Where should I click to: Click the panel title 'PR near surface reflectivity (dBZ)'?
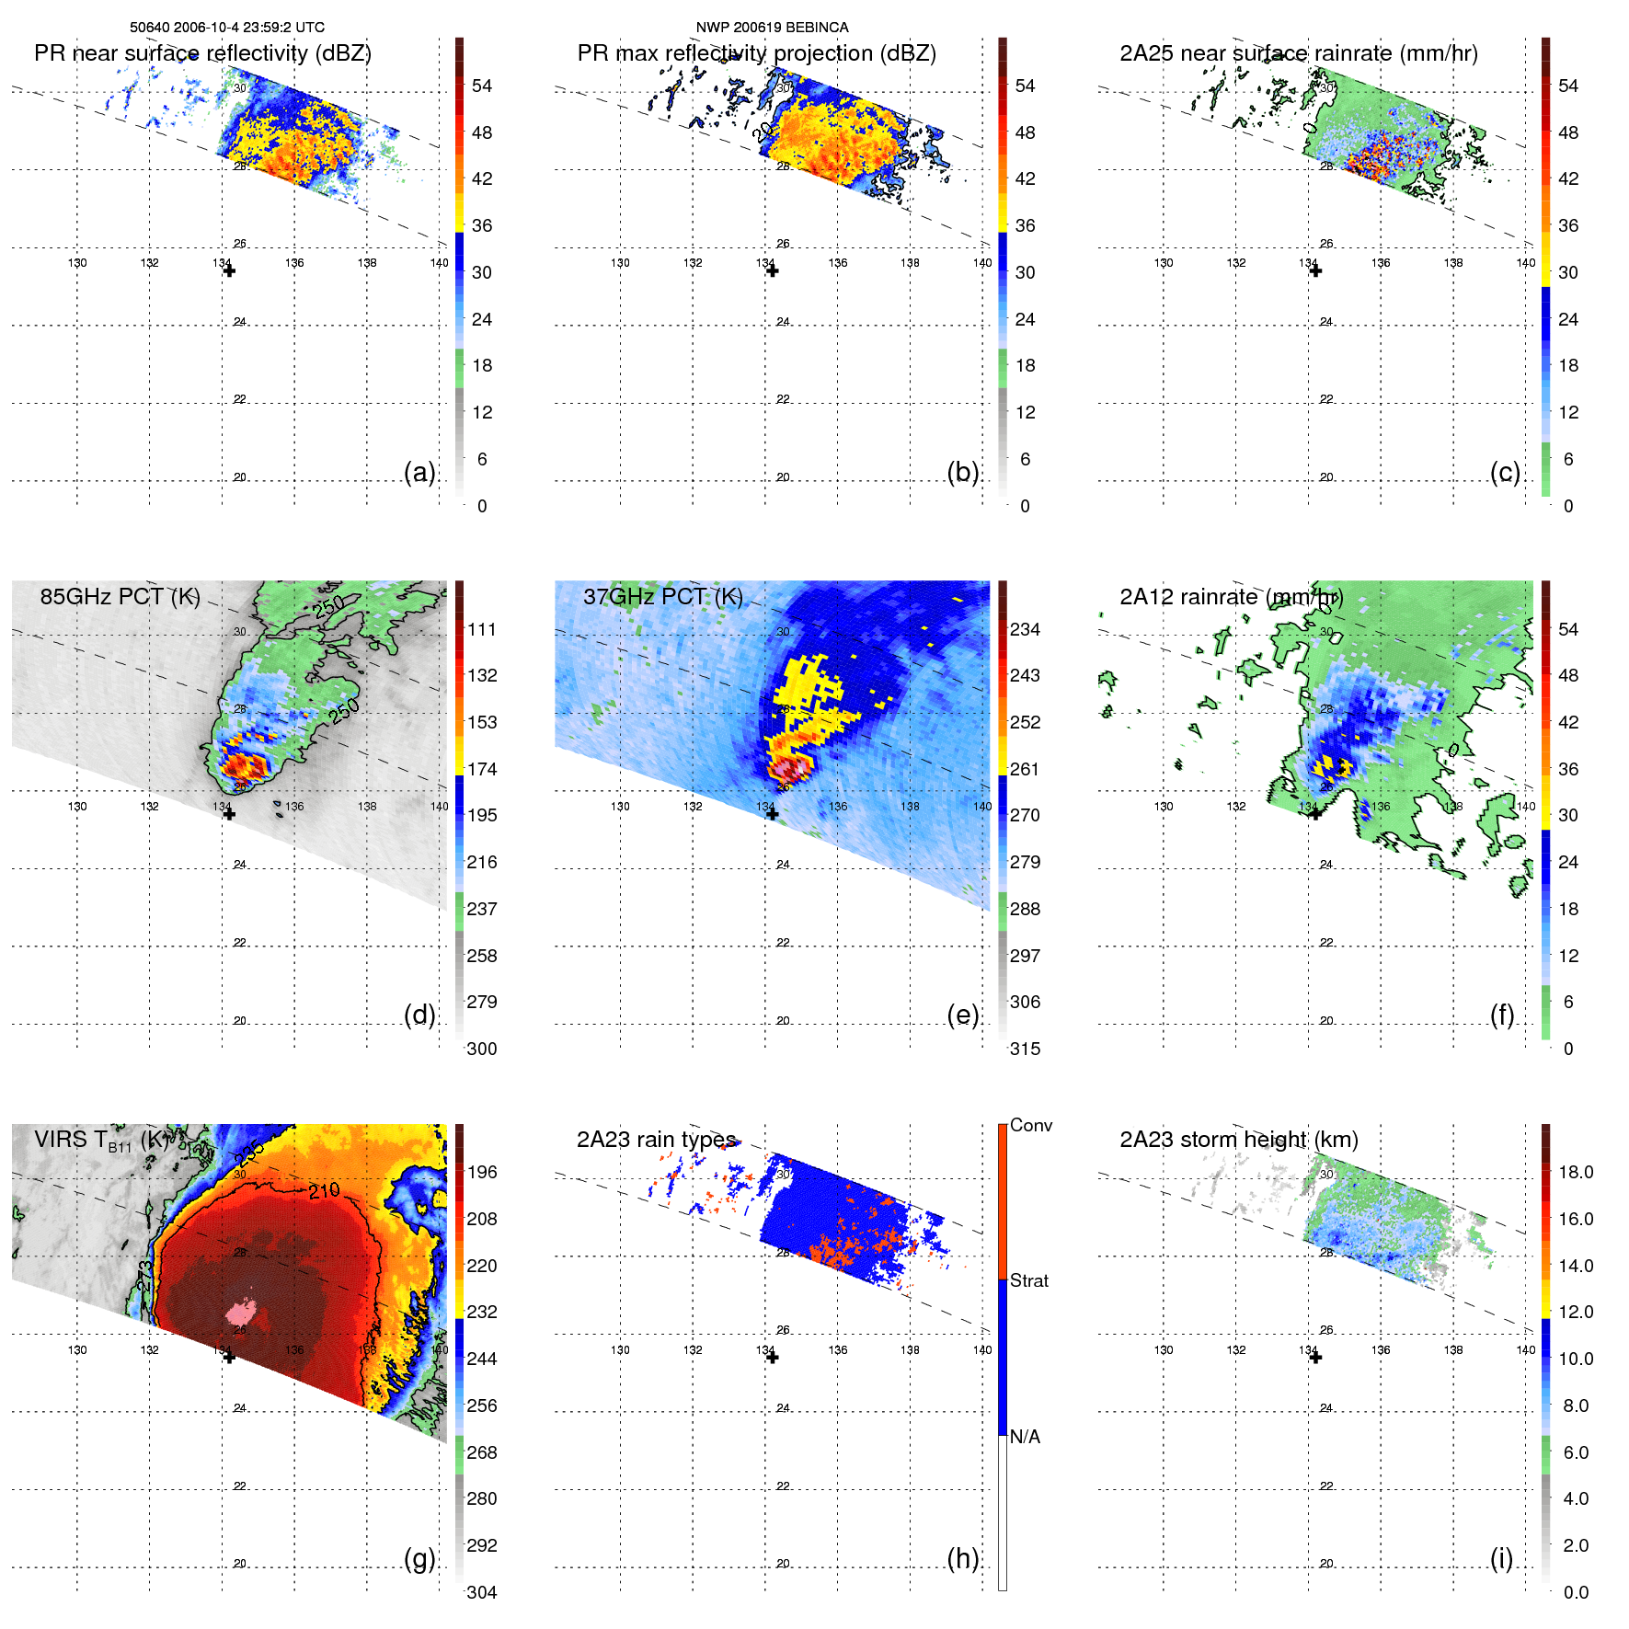coord(202,53)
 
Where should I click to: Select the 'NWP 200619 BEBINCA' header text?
coord(772,28)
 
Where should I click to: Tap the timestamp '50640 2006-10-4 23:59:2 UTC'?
coord(227,28)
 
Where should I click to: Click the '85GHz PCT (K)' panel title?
coord(120,597)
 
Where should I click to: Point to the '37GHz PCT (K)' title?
coord(662,597)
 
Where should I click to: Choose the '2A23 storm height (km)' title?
coord(1239,1140)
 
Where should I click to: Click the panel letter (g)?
coord(419,1558)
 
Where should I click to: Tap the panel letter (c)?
coord(1505,472)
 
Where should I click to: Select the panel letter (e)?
coord(962,1015)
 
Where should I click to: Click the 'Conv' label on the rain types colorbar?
coord(1030,1126)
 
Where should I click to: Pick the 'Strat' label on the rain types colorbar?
coord(1028,1280)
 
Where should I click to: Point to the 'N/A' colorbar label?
coord(1025,1437)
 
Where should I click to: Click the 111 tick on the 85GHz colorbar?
coord(482,630)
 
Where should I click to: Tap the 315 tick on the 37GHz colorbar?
coord(1025,1049)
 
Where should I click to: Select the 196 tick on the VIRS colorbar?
coord(482,1173)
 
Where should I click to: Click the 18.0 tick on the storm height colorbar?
coord(1575,1173)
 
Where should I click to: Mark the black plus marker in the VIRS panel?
coord(229,1357)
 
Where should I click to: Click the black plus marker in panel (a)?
coord(229,270)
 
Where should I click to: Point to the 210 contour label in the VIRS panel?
coord(324,1191)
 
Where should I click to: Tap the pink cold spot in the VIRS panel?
coord(242,1310)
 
